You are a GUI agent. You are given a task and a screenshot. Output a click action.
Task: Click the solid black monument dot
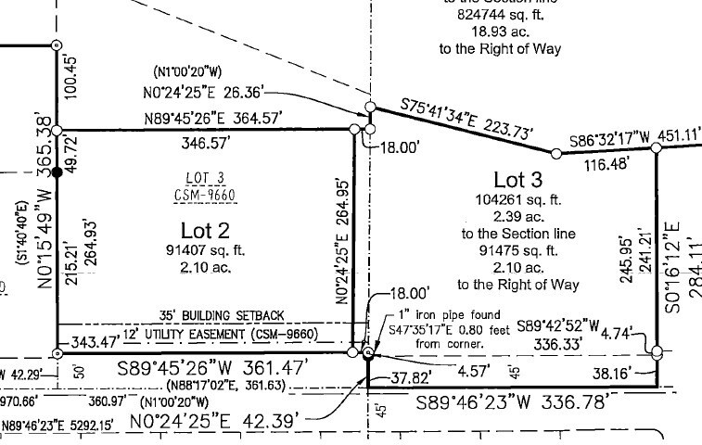coord(57,172)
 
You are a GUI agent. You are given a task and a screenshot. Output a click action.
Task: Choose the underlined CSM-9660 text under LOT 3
coord(205,195)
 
